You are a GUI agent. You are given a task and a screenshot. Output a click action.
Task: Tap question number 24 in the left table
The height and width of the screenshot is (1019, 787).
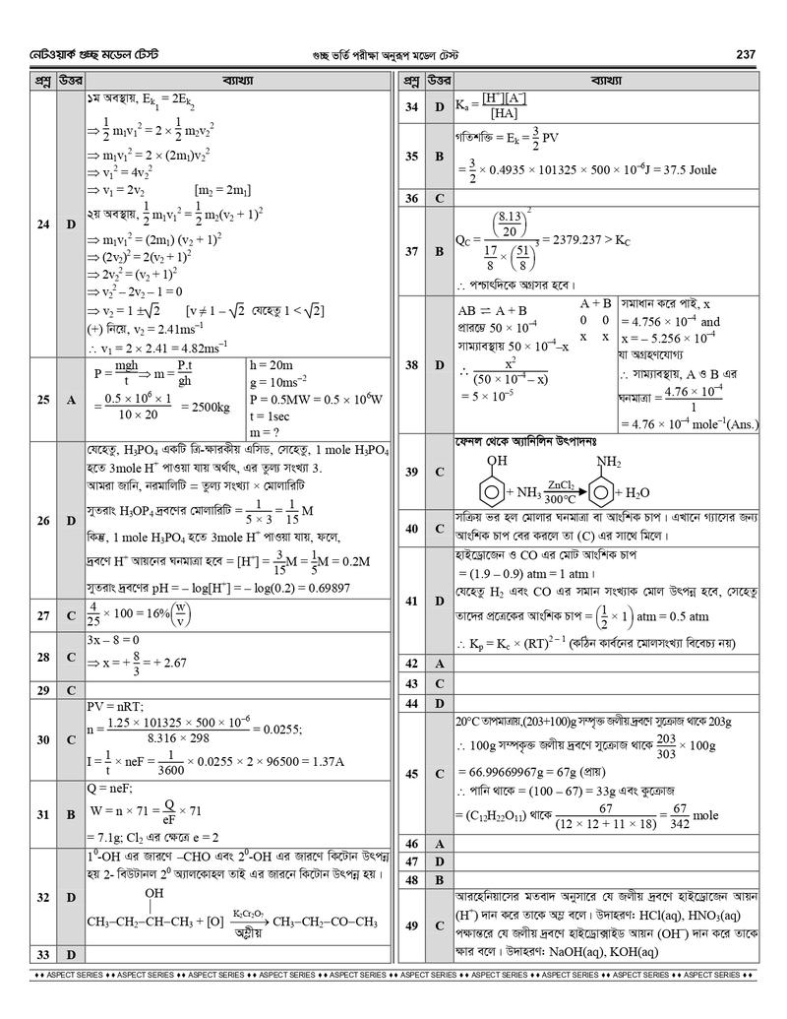coord(40,224)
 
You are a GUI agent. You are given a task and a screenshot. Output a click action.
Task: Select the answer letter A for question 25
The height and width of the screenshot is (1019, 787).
coord(70,400)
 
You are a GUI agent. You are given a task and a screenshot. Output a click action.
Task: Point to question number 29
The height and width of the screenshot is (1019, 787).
coord(40,690)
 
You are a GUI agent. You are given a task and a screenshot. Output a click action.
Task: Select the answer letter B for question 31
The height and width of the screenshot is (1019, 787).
coord(70,814)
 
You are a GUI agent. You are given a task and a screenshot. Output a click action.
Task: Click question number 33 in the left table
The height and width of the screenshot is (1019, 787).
coord(40,954)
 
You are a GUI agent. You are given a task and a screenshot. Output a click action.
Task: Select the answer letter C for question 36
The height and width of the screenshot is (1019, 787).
coord(440,198)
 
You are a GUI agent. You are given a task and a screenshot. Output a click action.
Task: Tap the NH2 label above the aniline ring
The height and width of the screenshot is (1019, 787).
coord(609,460)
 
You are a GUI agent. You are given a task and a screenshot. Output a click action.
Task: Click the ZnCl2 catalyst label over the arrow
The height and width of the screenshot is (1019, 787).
coord(562,483)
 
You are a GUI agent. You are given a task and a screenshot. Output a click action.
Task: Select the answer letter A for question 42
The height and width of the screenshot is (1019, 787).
coord(440,664)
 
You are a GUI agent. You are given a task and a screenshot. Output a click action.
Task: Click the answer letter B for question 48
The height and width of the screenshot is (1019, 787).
coord(440,879)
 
